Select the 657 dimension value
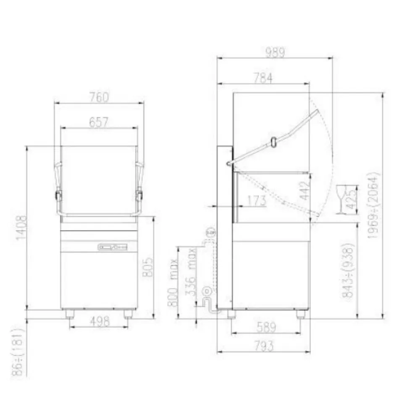pyautogui.click(x=99, y=122)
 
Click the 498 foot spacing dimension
pyautogui.click(x=100, y=321)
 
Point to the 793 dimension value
pyautogui.click(x=264, y=346)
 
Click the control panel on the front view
pyautogui.click(x=112, y=247)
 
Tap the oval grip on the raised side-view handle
pyautogui.click(x=273, y=142)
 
